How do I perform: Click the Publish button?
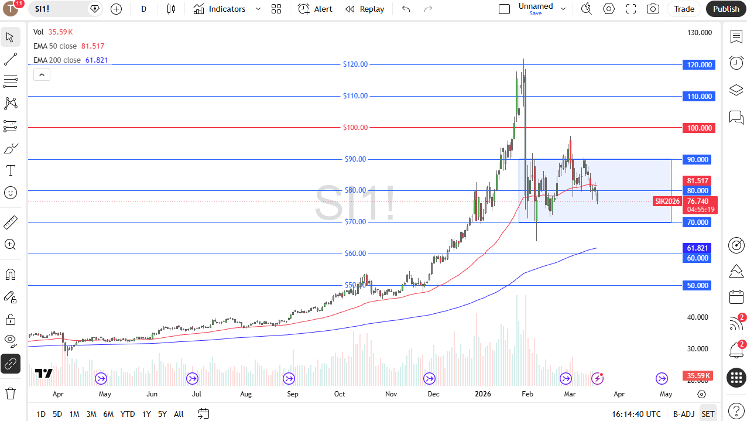726,9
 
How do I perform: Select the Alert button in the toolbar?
316,9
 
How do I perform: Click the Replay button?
365,9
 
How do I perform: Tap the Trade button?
684,9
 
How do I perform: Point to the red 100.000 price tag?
699,128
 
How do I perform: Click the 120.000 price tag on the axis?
699,65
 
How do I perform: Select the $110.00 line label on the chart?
355,96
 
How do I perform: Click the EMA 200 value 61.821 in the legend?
97,60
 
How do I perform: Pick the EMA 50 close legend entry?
55,46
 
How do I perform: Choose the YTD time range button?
128,414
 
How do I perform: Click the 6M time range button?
108,414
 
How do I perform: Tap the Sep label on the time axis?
293,394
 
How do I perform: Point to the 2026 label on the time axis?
483,394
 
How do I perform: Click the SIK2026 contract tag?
667,201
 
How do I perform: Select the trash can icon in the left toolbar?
11,392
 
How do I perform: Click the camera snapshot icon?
653,9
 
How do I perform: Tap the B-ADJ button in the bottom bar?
683,414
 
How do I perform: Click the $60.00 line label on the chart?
355,254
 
